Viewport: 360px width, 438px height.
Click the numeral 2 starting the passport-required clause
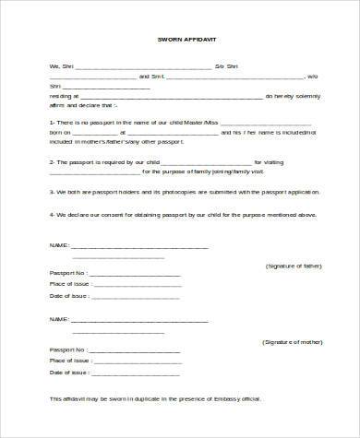50,160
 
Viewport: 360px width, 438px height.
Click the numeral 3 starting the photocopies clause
50,193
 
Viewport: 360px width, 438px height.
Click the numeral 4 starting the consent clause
50,214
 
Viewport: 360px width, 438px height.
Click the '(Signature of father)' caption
293,265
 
